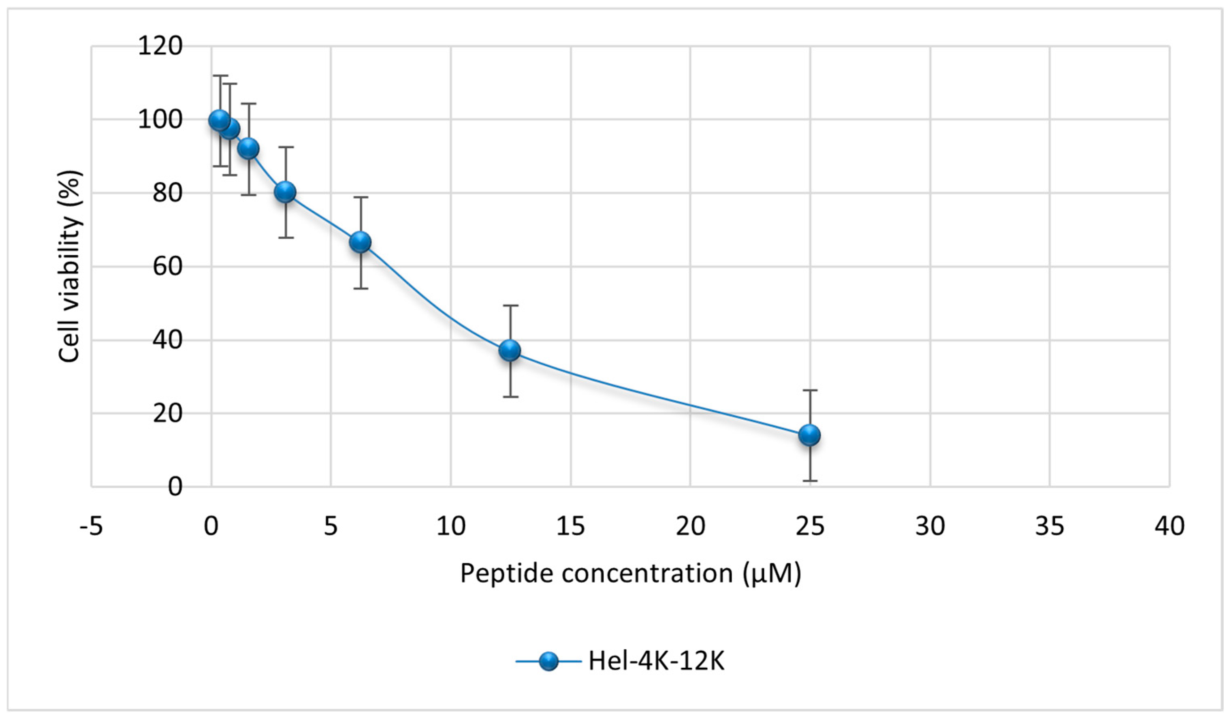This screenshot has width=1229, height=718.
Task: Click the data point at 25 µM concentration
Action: (810, 435)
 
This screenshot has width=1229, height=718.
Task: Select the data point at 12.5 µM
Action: (510, 350)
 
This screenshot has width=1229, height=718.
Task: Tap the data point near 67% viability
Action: (360, 242)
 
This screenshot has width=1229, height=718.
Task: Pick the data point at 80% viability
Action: (285, 192)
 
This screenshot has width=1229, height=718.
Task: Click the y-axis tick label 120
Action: (160, 47)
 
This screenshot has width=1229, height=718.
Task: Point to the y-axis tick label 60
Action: (167, 267)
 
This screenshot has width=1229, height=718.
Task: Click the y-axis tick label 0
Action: (175, 487)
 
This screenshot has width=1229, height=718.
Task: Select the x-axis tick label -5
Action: (91, 526)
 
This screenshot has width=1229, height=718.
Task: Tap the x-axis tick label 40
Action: (1169, 526)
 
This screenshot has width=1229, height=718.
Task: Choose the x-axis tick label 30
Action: (930, 526)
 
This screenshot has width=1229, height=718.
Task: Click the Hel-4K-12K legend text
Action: (656, 661)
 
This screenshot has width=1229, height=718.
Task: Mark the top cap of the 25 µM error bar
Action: (810, 390)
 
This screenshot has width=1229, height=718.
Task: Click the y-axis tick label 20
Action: (167, 414)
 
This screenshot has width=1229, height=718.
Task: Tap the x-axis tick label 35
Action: (1050, 526)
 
